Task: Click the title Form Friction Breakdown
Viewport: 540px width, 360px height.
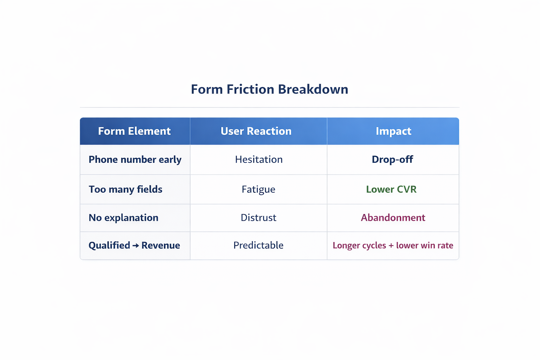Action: click(269, 89)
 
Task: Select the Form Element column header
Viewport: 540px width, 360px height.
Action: click(134, 131)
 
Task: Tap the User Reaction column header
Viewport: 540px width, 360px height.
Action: click(256, 131)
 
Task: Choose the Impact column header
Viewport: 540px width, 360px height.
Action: click(393, 131)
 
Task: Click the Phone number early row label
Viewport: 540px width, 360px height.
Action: click(135, 160)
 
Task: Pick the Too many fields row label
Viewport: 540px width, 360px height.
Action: click(126, 189)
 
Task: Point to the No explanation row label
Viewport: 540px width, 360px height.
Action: click(123, 218)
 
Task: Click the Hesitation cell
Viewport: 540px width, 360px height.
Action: click(259, 160)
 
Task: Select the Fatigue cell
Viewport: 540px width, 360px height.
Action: click(258, 189)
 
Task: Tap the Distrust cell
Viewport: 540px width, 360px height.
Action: click(258, 218)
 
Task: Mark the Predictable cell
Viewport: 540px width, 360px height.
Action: click(258, 245)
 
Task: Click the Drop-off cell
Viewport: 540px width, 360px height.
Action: click(392, 160)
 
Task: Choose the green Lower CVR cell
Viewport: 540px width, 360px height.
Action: click(391, 189)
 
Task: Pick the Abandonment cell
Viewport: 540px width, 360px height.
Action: click(393, 218)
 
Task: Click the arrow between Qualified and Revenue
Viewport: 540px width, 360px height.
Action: click(136, 246)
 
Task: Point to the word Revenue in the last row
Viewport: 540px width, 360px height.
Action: click(161, 245)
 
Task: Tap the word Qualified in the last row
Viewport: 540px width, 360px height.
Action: click(109, 245)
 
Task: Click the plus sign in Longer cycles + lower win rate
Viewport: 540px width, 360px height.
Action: click(391, 246)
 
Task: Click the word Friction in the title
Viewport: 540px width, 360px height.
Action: click(250, 89)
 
